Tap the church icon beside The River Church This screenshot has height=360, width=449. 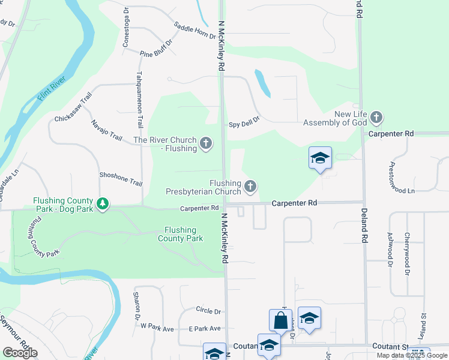pyautogui.click(x=206, y=143)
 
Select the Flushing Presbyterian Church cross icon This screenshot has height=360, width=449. pyautogui.click(x=250, y=187)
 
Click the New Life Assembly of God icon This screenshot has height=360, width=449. pyautogui.click(x=376, y=118)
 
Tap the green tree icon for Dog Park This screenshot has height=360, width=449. pyautogui.click(x=103, y=204)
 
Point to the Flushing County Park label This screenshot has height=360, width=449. pyautogui.click(x=181, y=234)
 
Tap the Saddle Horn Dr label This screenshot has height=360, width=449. pyautogui.click(x=194, y=30)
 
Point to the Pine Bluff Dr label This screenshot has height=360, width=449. pyautogui.click(x=156, y=49)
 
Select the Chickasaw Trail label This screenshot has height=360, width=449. pyautogui.click(x=73, y=107)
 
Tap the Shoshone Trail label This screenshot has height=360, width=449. pyautogui.click(x=121, y=178)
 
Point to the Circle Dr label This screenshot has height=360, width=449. pyautogui.click(x=208, y=310)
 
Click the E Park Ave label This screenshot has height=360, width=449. pyautogui.click(x=204, y=328)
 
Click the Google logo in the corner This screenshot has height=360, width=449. pyautogui.click(x=19, y=352)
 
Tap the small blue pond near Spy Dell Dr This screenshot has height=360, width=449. pyautogui.click(x=263, y=83)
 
